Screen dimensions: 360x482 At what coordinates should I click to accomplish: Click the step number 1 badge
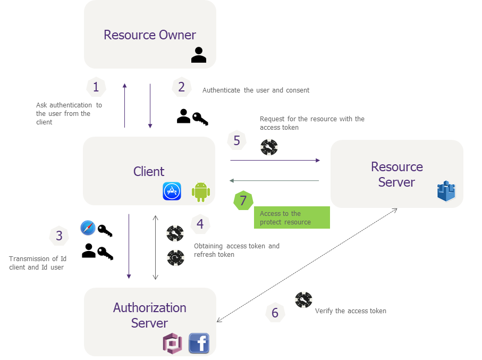(x=96, y=87)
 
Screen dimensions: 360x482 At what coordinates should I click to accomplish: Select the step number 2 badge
(x=182, y=87)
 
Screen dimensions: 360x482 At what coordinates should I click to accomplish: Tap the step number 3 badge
(x=59, y=236)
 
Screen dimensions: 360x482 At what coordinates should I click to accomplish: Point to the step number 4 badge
(x=200, y=224)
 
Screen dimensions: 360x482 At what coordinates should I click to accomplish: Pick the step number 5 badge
(x=237, y=140)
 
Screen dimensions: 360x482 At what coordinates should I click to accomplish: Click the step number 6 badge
(x=275, y=313)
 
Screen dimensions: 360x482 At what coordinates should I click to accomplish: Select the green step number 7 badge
(x=243, y=200)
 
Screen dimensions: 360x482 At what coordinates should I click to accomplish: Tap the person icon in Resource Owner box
(x=199, y=55)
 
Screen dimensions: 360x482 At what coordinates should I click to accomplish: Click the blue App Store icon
(x=172, y=191)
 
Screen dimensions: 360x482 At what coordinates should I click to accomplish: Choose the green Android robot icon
(x=200, y=191)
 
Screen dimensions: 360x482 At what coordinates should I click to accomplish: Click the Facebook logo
(x=199, y=344)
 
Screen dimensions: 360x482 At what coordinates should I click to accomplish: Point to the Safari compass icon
(x=88, y=228)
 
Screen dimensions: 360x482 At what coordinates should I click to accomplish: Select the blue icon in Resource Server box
(x=446, y=191)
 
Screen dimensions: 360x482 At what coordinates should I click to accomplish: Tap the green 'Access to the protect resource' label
(x=292, y=217)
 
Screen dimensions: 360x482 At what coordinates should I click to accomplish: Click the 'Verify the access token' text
(x=351, y=311)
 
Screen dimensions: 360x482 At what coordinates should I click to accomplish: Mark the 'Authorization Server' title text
(x=150, y=315)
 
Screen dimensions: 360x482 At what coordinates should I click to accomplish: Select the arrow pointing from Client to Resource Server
(x=275, y=160)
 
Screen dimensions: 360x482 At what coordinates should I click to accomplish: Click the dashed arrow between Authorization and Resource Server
(x=307, y=265)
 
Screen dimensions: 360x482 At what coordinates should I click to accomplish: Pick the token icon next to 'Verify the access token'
(x=303, y=300)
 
